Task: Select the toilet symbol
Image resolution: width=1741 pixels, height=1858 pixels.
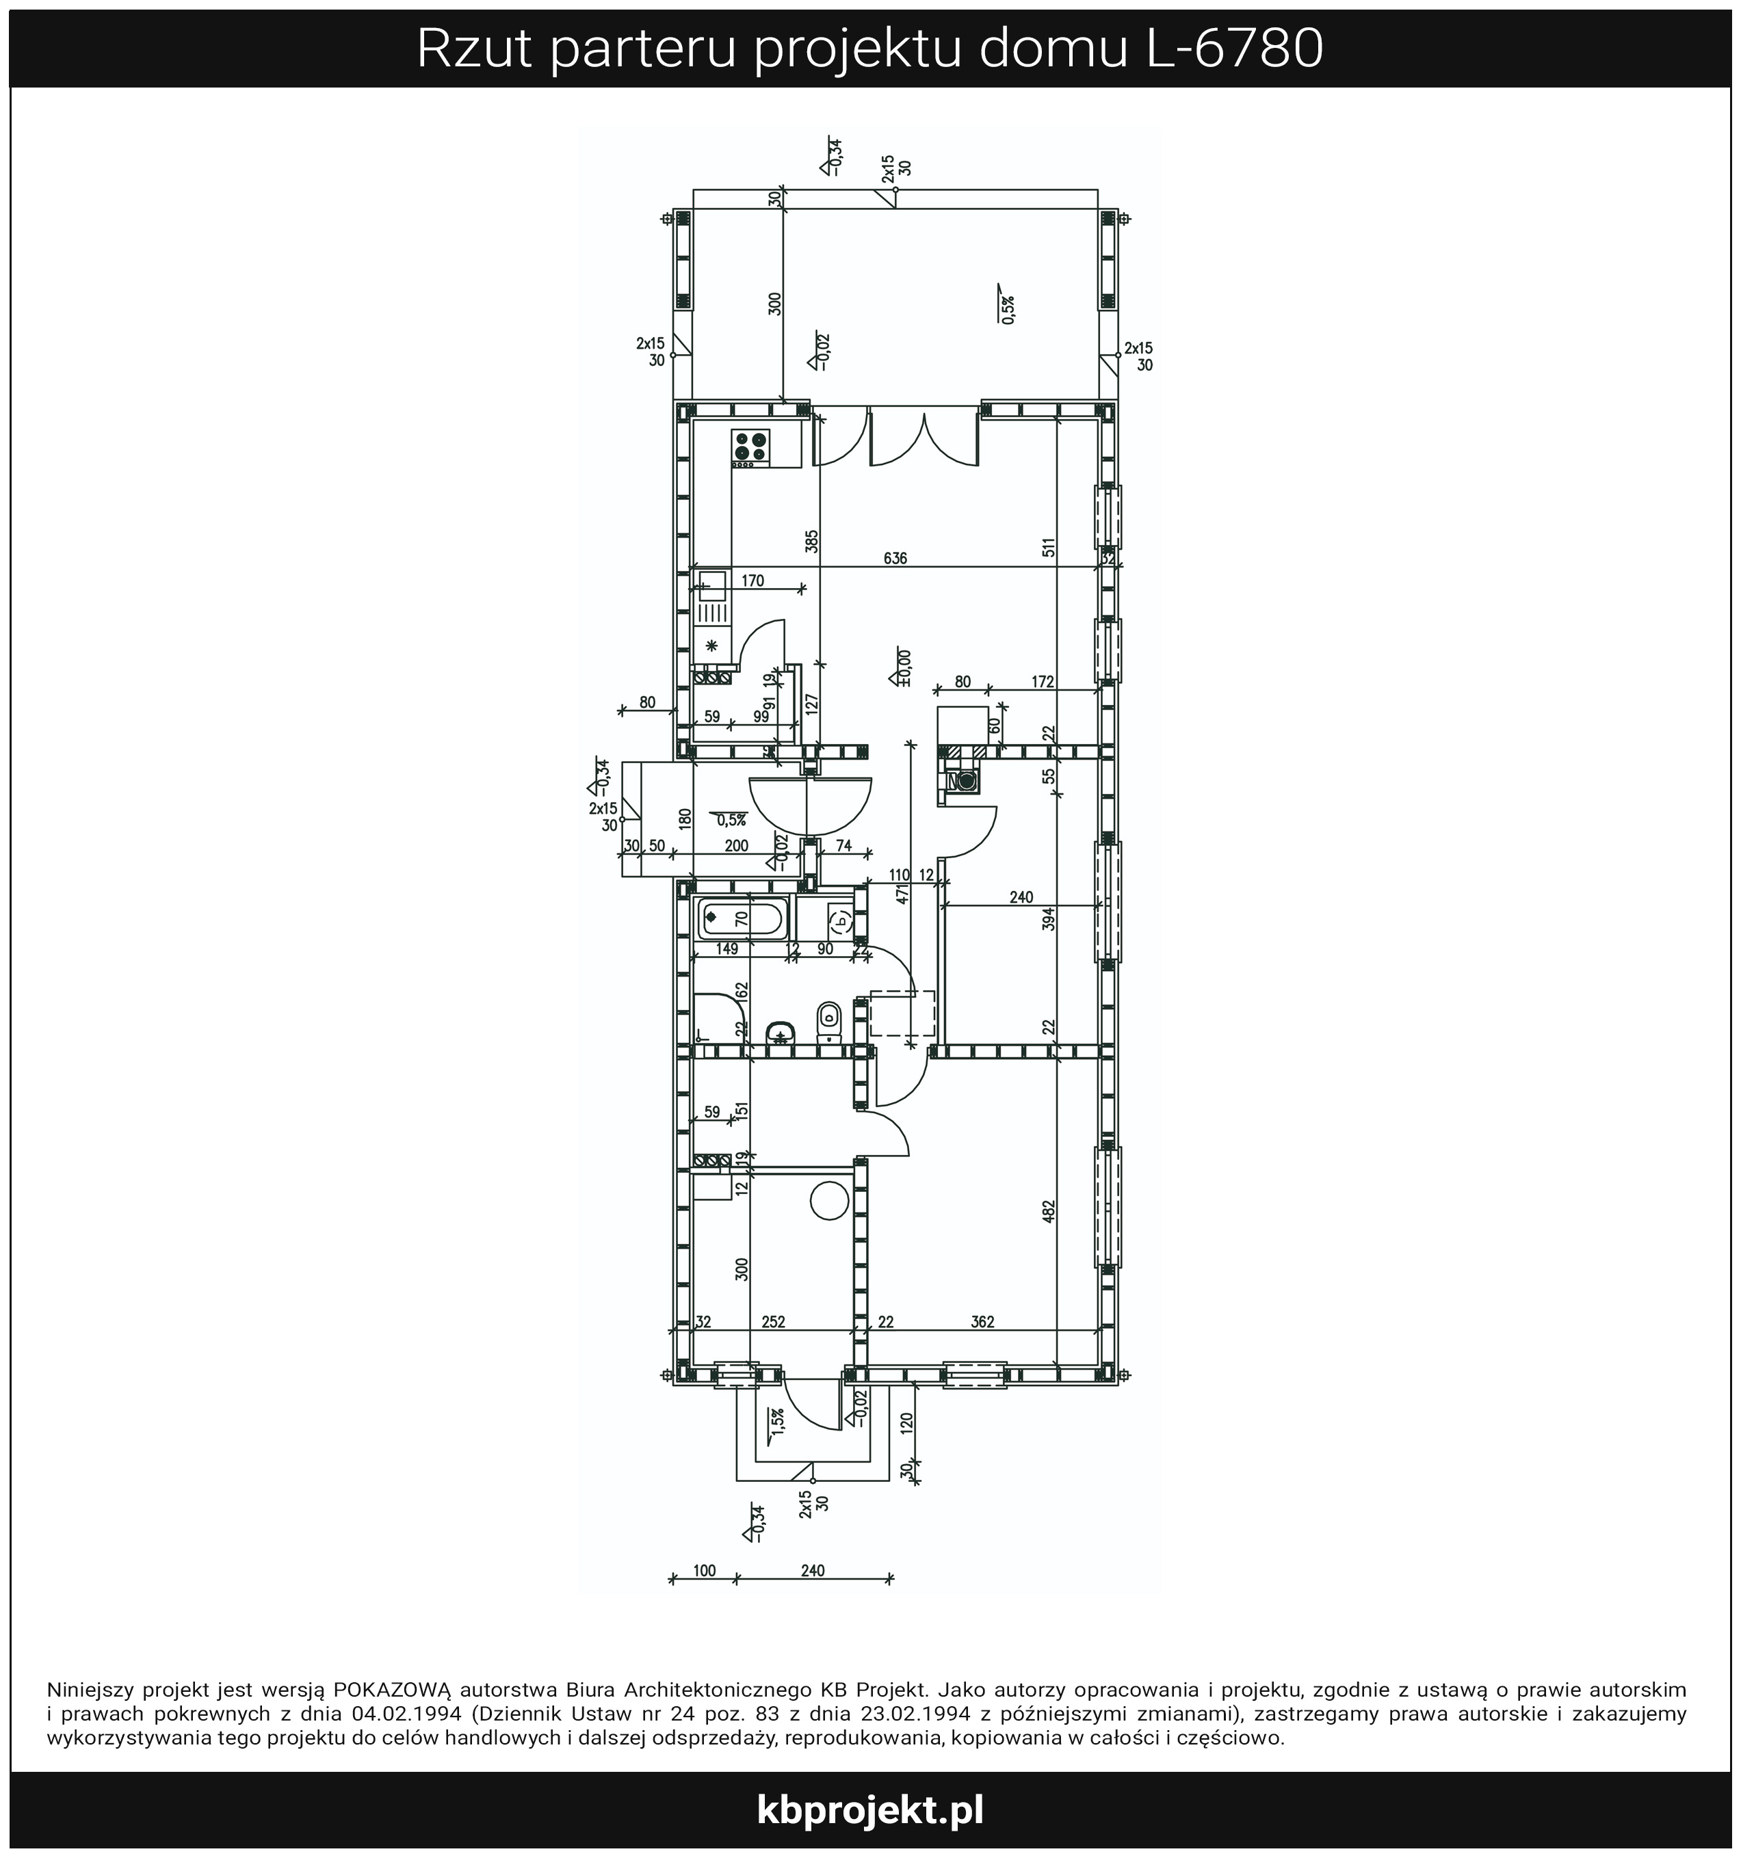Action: click(828, 1022)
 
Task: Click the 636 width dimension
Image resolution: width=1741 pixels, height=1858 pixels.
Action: click(895, 559)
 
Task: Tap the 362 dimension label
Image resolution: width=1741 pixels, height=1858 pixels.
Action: click(983, 1322)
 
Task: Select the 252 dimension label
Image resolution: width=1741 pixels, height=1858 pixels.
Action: click(773, 1322)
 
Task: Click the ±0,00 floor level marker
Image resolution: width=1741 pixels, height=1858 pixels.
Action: click(903, 667)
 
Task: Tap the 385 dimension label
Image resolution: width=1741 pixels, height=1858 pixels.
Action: click(811, 541)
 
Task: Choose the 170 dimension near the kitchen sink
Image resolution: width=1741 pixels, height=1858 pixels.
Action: click(752, 581)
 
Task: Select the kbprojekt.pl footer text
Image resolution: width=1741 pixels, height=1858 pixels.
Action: click(870, 1810)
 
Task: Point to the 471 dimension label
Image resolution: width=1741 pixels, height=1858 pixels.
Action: click(902, 894)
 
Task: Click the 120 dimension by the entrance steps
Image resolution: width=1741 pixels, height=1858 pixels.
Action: click(905, 1423)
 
